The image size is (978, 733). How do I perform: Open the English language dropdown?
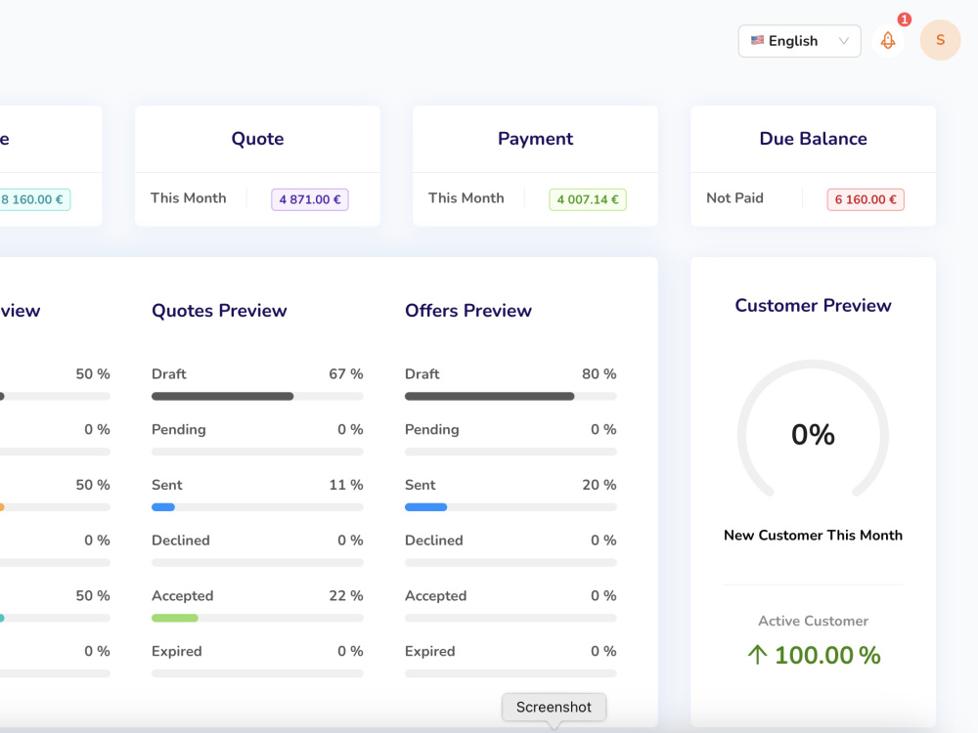(799, 41)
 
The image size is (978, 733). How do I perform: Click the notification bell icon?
(888, 41)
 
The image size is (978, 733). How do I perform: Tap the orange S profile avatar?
(940, 40)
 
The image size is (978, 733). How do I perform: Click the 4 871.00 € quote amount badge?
(310, 199)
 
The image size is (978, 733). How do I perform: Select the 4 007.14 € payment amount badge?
(588, 199)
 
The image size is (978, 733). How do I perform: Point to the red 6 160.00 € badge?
(866, 199)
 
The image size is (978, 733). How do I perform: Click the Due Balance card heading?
(814, 139)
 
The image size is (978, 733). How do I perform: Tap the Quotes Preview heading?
(219, 311)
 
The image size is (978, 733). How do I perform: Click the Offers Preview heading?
(468, 311)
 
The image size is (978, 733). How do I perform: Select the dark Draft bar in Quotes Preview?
(223, 397)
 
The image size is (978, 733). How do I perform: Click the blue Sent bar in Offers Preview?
(426, 507)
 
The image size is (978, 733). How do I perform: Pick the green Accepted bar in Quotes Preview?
(175, 619)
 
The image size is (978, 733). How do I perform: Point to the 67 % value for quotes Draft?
(346, 374)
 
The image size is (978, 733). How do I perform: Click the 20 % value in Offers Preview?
(600, 485)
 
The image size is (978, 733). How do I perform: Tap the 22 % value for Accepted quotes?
(346, 596)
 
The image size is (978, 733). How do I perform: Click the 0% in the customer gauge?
(814, 435)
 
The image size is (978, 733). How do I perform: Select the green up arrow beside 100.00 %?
(757, 655)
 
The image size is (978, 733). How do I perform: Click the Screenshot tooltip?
(554, 708)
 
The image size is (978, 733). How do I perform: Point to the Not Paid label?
(734, 198)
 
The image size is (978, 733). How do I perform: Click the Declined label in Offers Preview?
(434, 540)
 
